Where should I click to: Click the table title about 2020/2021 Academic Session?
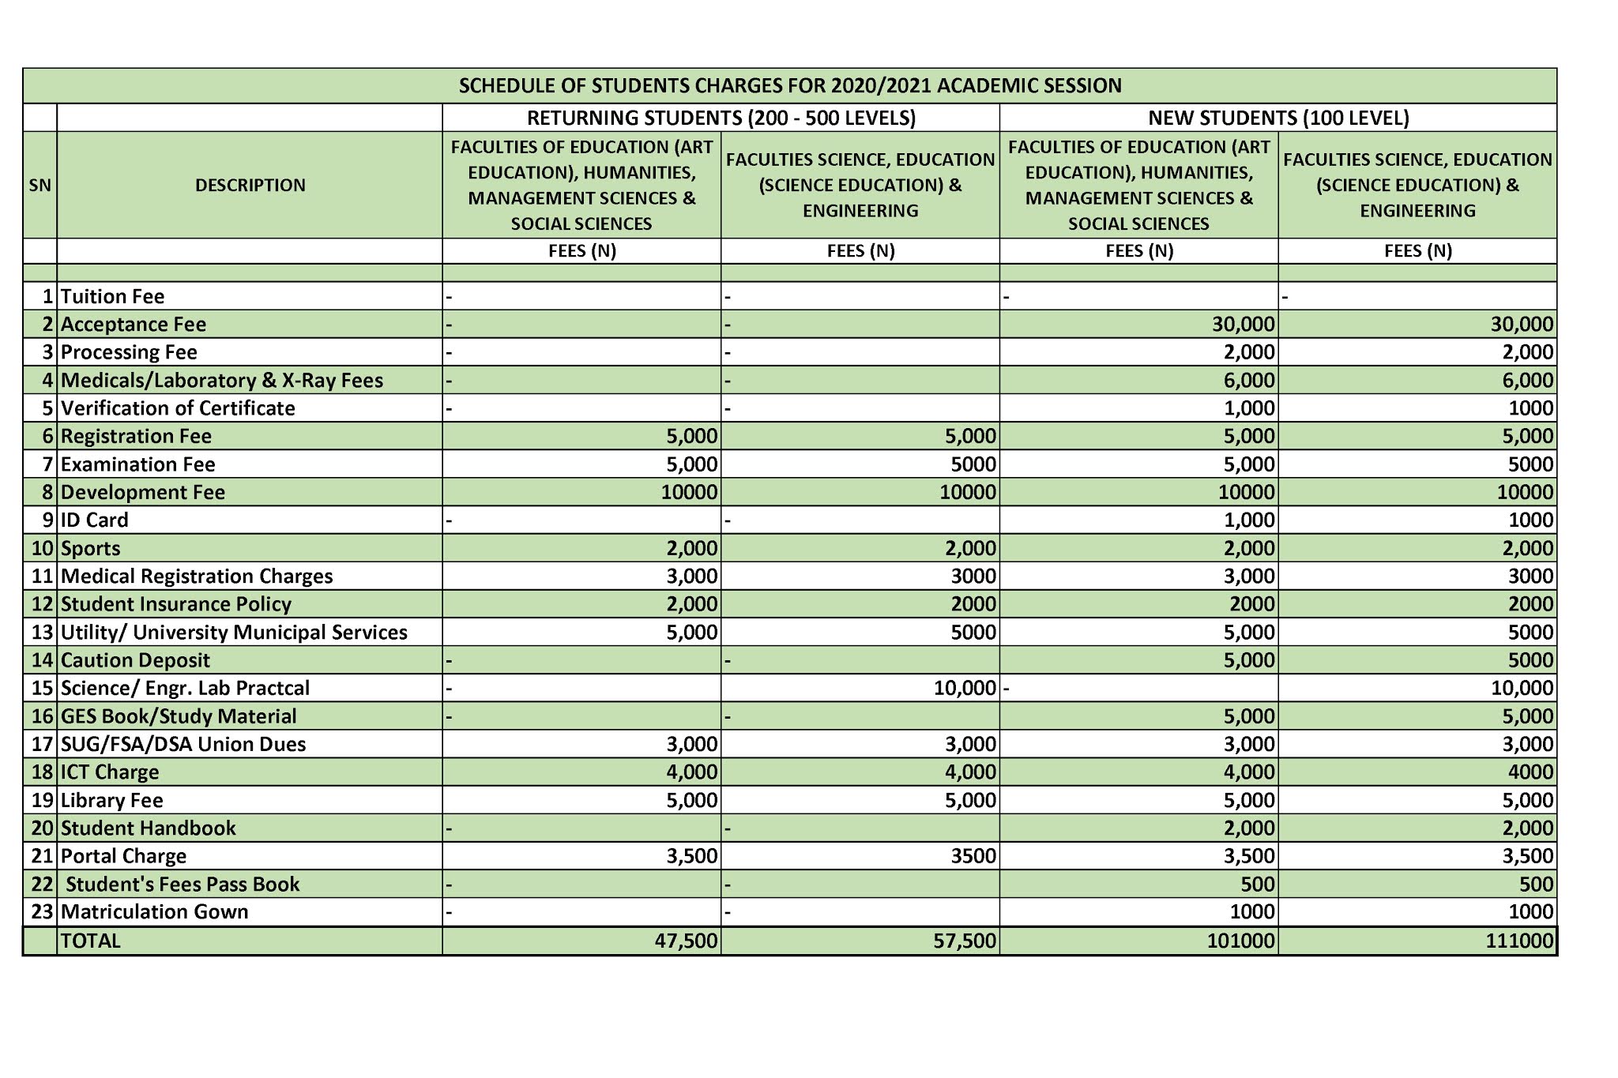[x=790, y=85]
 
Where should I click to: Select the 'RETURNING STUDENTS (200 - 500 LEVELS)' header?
[x=721, y=118]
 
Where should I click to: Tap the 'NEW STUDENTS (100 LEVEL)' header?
[x=1277, y=118]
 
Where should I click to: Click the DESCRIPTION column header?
[x=250, y=185]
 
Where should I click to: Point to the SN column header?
[x=40, y=185]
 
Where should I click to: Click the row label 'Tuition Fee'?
[x=113, y=296]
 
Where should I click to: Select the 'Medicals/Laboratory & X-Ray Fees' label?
[x=222, y=380]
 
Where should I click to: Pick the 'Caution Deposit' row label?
[x=135, y=659]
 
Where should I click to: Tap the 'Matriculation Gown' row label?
[x=155, y=911]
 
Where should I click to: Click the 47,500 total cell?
[x=686, y=941]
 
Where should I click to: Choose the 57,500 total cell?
[x=965, y=941]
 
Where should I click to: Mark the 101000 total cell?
[x=1240, y=941]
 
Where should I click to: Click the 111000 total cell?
[x=1519, y=941]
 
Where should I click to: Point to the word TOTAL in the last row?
[x=91, y=941]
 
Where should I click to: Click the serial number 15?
[x=42, y=688]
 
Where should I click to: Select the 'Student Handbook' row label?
[x=149, y=828]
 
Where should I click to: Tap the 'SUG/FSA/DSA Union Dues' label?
[x=183, y=744]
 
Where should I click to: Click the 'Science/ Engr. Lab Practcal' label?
[x=185, y=688]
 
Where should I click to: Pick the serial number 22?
[x=42, y=884]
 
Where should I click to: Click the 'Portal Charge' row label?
[x=124, y=856]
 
